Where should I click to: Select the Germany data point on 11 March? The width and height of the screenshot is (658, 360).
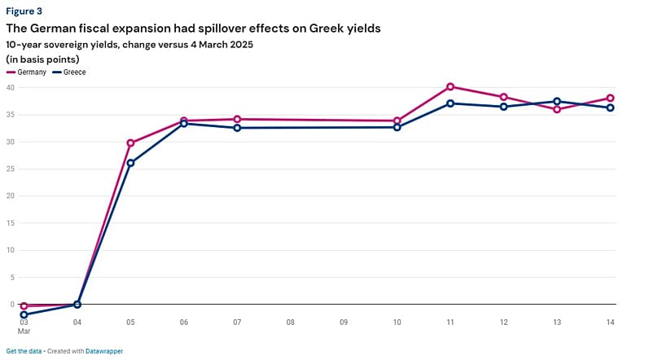(x=450, y=86)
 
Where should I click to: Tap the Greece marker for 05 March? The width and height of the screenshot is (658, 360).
(x=130, y=163)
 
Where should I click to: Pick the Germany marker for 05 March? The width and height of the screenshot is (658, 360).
(x=130, y=143)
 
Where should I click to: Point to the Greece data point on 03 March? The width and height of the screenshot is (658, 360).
(x=24, y=314)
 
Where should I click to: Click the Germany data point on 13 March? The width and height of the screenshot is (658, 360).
(x=557, y=109)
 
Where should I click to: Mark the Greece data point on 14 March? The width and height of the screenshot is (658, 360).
(x=611, y=108)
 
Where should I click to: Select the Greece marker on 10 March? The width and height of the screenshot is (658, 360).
(x=397, y=127)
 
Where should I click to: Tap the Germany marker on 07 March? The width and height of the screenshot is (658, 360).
(x=237, y=119)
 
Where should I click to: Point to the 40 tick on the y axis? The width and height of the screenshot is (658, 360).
(x=11, y=88)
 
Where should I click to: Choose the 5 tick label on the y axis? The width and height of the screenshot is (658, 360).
(x=13, y=277)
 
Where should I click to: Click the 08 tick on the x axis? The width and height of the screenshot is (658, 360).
(x=290, y=323)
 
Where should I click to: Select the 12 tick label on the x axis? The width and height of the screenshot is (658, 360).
(x=504, y=323)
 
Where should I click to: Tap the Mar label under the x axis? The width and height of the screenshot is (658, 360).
(x=24, y=332)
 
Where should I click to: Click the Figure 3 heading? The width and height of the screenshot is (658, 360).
(x=24, y=11)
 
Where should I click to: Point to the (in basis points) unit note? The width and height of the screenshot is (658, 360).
(x=42, y=59)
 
